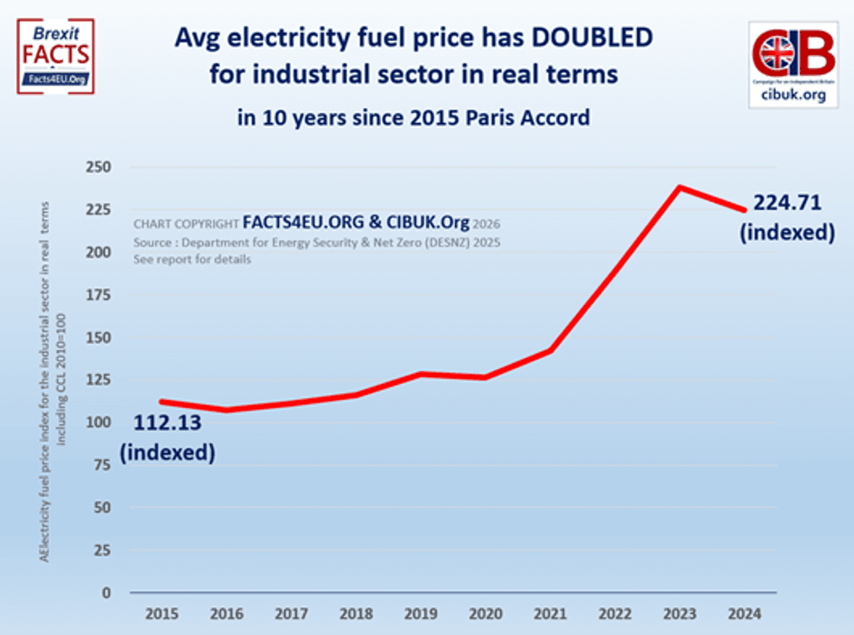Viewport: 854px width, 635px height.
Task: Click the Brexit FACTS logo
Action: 55,56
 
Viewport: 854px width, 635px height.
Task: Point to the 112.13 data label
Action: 167,423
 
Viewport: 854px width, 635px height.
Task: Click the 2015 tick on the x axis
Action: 162,613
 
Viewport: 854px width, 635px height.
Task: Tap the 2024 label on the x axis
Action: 744,613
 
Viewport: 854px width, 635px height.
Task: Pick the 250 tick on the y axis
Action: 98,167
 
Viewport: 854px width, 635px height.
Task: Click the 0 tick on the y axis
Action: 106,592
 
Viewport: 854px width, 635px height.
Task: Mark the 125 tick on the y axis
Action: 98,380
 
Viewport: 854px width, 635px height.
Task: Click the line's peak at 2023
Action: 680,187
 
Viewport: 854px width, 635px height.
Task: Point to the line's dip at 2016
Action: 226,410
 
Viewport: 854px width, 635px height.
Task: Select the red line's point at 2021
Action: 550,350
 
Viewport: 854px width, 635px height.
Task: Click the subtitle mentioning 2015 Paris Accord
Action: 413,117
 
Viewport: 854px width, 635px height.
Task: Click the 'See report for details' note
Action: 192,260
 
